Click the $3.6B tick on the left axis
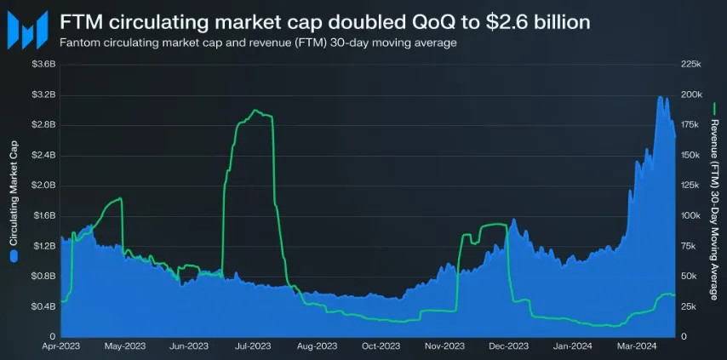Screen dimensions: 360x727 click(x=43, y=64)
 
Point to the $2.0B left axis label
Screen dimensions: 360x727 click(x=43, y=185)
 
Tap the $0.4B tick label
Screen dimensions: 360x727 click(x=43, y=306)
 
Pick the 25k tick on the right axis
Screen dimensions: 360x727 click(x=690, y=306)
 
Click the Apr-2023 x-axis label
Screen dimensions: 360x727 click(x=60, y=346)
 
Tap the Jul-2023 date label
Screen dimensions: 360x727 click(x=252, y=346)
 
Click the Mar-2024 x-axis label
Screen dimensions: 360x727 click(x=636, y=346)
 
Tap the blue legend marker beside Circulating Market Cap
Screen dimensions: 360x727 click(x=13, y=255)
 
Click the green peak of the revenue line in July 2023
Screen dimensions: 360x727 click(x=255, y=111)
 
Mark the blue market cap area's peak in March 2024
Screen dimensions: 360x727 click(x=661, y=97)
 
